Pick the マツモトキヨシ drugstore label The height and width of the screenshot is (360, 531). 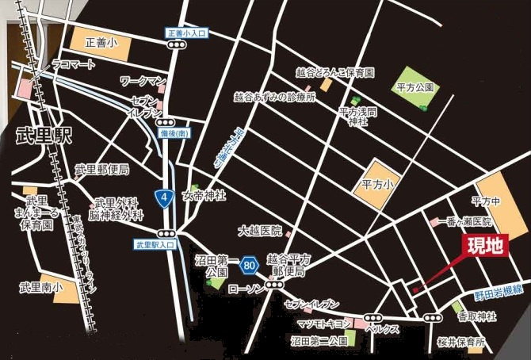pyautogui.click(x=323, y=324)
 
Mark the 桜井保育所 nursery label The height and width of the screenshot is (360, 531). pyautogui.click(x=460, y=343)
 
